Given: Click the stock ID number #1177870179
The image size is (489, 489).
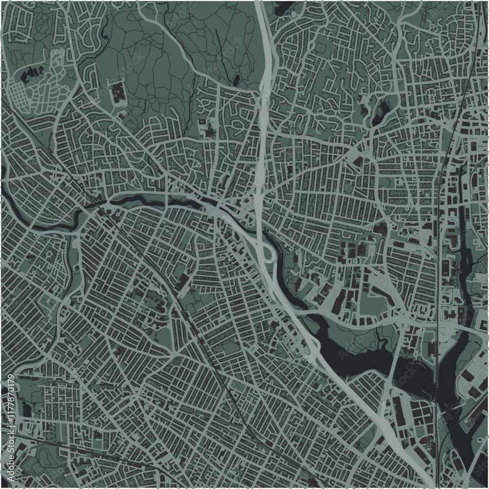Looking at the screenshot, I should [x=10, y=405].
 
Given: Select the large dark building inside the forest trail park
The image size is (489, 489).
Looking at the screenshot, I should [x=118, y=93].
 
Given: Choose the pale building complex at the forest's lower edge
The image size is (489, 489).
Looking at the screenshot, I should [x=208, y=127].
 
